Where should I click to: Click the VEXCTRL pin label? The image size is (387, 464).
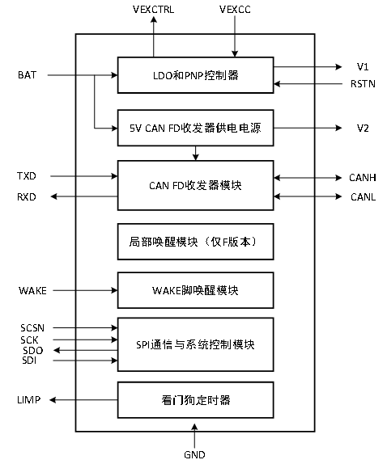click(x=153, y=10)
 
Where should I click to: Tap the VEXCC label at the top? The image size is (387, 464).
click(x=235, y=10)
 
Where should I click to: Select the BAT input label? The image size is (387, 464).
click(x=27, y=75)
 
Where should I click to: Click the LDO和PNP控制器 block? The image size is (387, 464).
click(x=196, y=75)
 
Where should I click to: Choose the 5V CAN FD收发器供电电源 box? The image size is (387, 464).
click(x=196, y=128)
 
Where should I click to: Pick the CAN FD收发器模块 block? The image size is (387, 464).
click(x=196, y=185)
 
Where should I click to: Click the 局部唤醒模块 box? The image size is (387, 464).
click(x=196, y=242)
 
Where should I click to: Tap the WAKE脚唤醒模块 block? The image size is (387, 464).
click(x=196, y=290)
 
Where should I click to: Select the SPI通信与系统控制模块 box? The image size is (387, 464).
click(x=196, y=344)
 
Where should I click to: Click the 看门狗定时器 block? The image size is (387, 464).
click(x=196, y=400)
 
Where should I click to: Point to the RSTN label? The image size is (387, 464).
click(x=363, y=84)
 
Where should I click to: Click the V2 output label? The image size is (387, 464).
click(x=363, y=129)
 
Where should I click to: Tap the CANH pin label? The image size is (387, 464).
click(x=363, y=178)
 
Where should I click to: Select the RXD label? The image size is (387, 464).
click(x=27, y=196)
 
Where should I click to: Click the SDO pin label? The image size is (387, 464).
click(x=33, y=351)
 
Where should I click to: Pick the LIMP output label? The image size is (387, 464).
click(x=29, y=400)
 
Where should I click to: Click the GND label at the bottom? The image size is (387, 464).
click(x=194, y=454)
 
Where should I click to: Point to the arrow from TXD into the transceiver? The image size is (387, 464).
click(x=84, y=176)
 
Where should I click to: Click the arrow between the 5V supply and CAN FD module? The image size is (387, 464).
click(x=195, y=154)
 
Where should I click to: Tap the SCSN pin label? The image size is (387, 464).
click(x=32, y=328)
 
